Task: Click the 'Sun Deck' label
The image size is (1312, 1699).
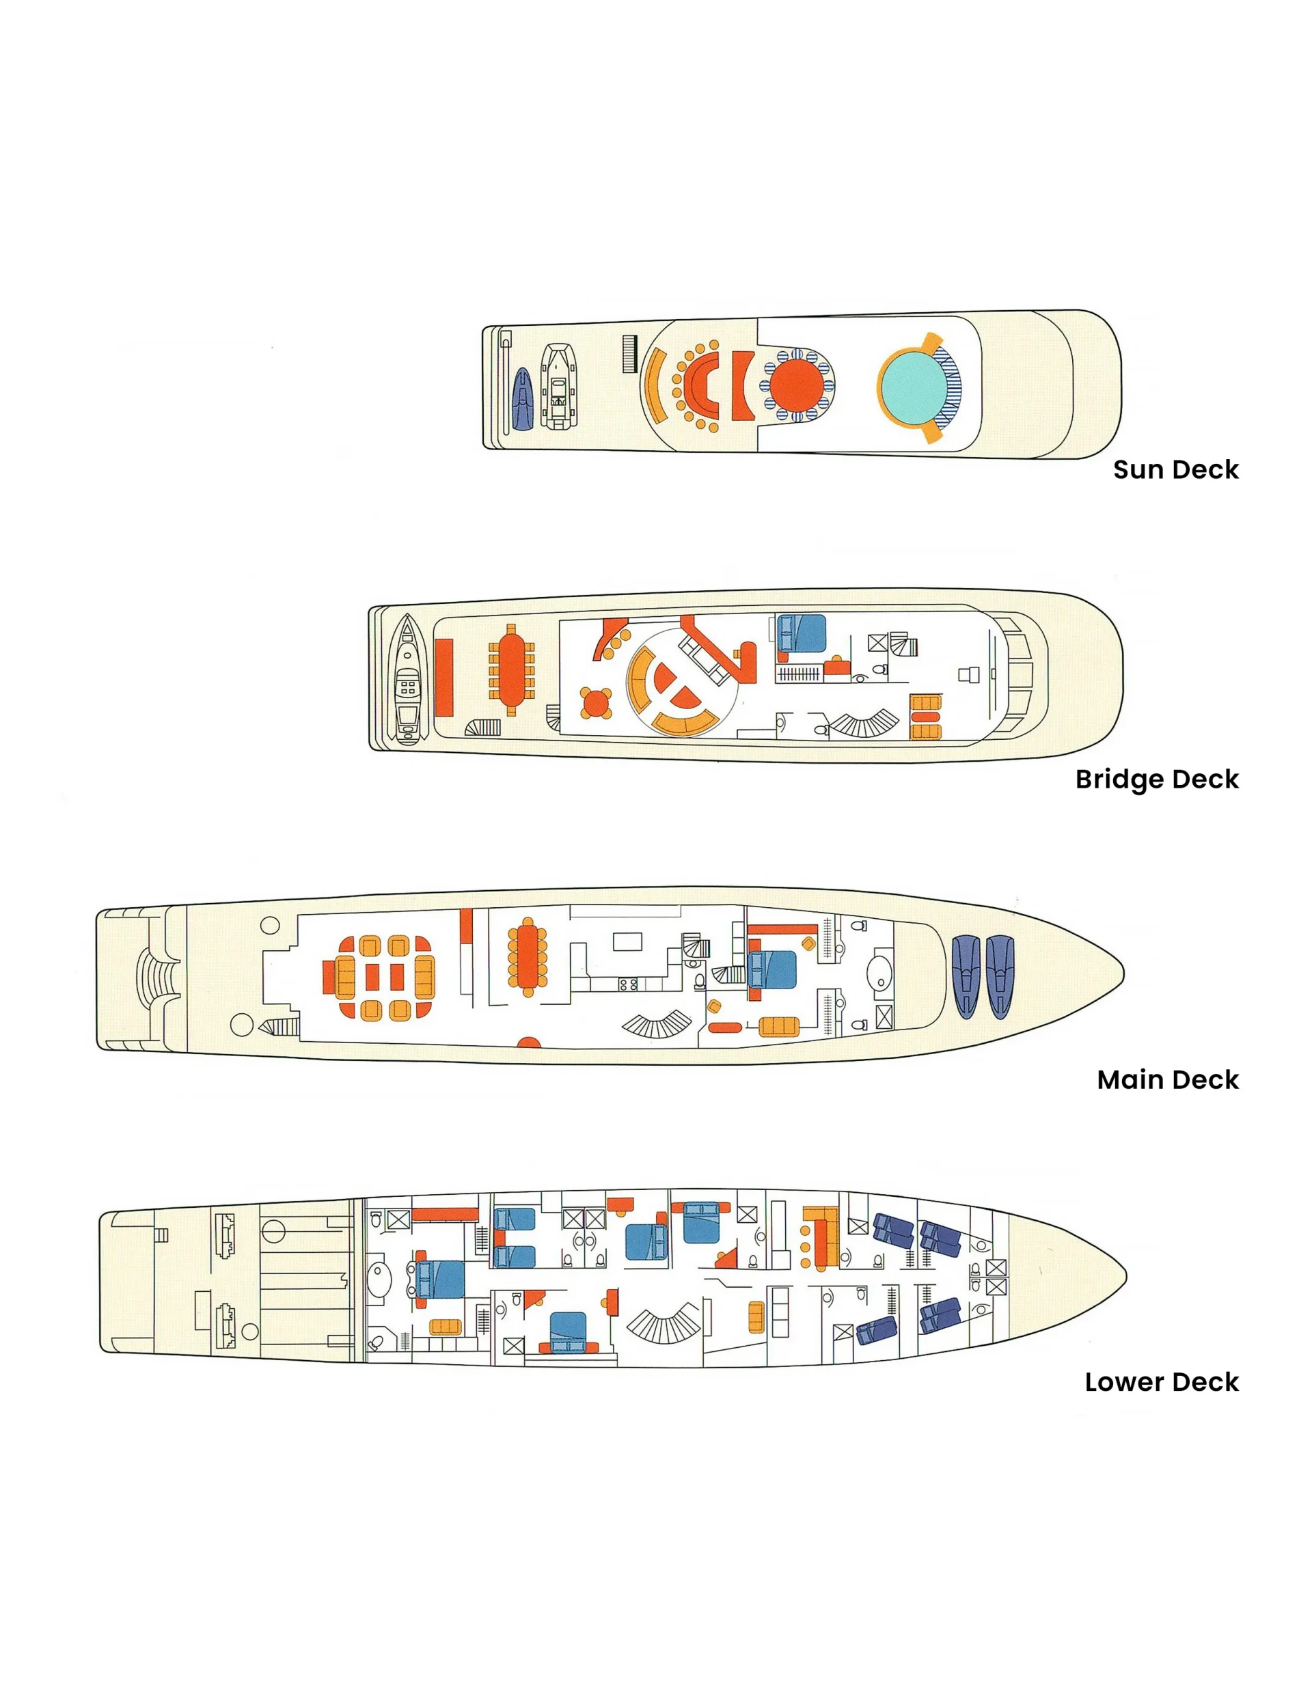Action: tap(1175, 469)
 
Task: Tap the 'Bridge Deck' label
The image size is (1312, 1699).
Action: tap(1156, 779)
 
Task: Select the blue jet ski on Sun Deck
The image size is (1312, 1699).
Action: tap(523, 399)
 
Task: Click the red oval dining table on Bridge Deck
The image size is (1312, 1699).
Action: tap(511, 669)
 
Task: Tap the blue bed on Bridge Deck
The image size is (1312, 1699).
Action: tap(802, 633)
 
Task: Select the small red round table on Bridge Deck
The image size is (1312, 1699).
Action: tap(596, 703)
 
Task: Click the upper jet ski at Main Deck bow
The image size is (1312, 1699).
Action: tap(966, 976)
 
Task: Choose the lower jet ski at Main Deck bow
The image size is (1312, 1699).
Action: tap(999, 976)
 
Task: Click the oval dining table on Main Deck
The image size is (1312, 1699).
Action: tap(528, 957)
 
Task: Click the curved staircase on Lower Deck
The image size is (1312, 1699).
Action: tap(664, 1325)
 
